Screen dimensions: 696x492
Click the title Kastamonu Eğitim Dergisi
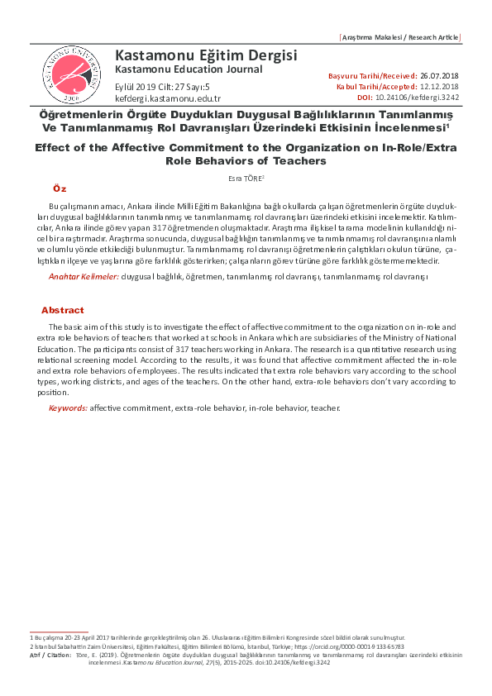(205, 55)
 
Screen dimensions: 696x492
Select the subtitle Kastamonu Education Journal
(189, 69)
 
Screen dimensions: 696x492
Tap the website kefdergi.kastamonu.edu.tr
(168, 98)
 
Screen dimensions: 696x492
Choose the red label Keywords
(68, 408)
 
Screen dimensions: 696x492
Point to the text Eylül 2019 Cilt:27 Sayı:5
(162, 86)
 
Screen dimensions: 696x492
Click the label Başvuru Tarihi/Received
(372, 76)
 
